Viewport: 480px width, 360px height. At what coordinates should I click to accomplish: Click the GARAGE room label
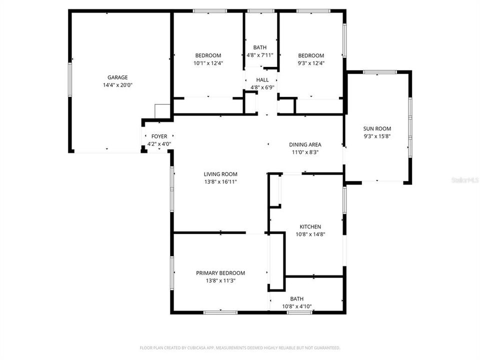point(117,77)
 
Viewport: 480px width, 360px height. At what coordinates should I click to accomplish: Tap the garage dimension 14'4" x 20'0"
point(117,85)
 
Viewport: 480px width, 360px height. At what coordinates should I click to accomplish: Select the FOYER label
point(159,136)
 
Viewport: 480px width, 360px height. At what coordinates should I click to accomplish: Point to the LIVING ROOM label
point(220,174)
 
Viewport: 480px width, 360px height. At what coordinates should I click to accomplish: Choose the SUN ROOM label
point(377,128)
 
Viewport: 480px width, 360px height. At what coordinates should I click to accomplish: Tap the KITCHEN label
point(310,226)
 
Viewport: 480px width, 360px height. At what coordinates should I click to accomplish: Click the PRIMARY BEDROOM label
point(220,273)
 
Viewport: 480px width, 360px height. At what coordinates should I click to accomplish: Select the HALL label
point(262,80)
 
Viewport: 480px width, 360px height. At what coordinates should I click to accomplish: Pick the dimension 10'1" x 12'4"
point(208,63)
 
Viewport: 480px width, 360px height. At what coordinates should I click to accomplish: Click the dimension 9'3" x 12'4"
point(311,63)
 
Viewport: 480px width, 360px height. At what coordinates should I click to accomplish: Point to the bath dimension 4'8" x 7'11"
point(260,55)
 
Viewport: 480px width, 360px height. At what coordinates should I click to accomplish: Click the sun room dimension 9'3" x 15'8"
point(377,136)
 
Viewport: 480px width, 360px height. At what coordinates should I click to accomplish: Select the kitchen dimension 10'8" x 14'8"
point(310,234)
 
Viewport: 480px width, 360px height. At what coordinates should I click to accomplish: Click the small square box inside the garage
point(162,111)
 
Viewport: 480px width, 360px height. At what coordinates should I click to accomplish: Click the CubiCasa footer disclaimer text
point(240,347)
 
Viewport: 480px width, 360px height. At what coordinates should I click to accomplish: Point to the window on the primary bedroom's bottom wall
point(220,312)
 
